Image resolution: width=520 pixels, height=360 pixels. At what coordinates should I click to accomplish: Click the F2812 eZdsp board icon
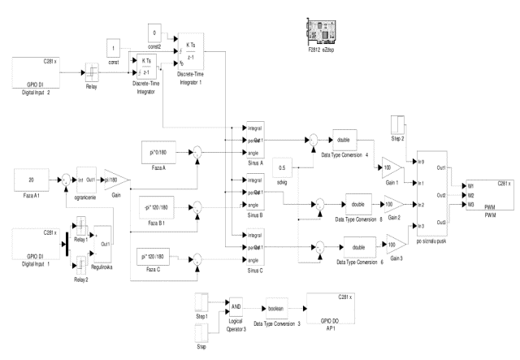point(314,33)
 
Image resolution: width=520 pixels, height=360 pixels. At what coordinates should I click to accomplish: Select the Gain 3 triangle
point(395,242)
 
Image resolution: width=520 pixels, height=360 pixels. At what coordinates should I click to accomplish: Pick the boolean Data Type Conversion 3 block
point(280,309)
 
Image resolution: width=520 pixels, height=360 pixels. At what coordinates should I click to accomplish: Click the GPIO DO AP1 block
point(328,309)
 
